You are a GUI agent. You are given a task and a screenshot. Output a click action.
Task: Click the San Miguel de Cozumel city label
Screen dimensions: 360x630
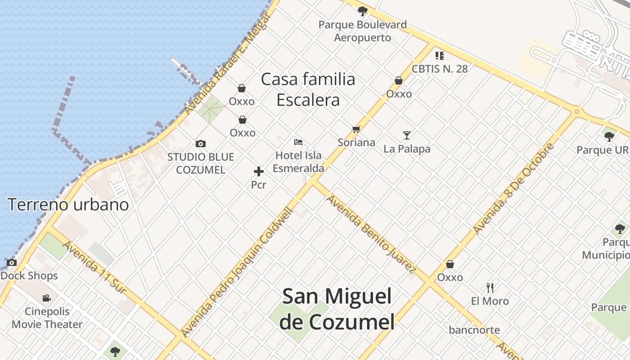pos(337,309)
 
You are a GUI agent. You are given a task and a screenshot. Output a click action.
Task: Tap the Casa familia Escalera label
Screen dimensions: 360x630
pos(308,90)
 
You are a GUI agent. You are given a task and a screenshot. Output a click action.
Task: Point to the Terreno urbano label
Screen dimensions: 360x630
pos(68,205)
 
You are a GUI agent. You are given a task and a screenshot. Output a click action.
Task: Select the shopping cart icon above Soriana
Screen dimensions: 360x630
pos(356,130)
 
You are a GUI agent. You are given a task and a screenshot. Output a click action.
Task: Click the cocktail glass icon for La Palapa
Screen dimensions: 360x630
pos(407,135)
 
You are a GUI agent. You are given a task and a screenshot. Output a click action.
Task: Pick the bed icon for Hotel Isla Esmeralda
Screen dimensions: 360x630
pos(298,142)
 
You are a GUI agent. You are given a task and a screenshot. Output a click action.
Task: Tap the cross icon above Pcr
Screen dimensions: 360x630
pos(259,171)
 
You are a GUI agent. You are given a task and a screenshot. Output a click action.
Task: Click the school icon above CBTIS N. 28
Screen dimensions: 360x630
pos(440,56)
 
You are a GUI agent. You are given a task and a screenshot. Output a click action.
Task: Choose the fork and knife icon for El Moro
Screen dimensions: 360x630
pos(490,288)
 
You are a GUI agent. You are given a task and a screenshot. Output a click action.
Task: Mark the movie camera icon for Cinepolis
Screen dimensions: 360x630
pos(46,298)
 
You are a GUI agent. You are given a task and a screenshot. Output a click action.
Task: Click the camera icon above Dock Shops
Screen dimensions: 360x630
pos(12,262)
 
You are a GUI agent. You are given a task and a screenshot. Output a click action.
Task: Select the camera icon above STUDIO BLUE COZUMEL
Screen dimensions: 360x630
pos(201,144)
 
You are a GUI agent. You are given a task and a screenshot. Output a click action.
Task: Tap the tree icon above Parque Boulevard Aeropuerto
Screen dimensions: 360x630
pos(362,11)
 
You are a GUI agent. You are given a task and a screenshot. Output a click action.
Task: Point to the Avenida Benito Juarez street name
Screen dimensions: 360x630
pos(371,234)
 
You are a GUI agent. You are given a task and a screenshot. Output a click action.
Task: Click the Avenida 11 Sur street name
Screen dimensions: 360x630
pos(94,267)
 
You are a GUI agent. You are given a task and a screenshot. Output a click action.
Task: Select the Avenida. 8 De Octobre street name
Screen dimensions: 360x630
pos(513,189)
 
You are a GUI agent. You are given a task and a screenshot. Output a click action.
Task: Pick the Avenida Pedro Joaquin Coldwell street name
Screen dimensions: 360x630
pos(237,273)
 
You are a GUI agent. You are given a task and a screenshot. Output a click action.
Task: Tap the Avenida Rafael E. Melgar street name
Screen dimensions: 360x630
pos(226,64)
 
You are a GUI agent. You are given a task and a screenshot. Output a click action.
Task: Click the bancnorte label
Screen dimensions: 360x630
pos(474,330)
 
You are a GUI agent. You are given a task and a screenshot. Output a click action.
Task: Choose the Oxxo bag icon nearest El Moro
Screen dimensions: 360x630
pos(450,265)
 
